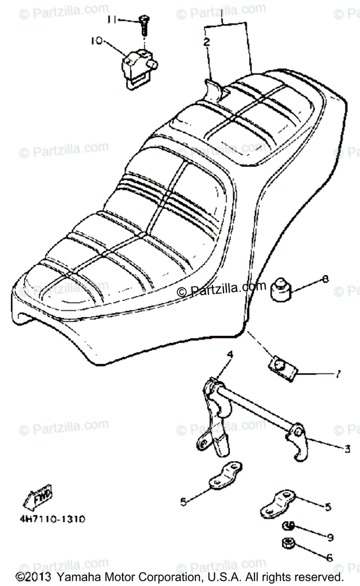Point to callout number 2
click(207, 42)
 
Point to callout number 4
click(216, 355)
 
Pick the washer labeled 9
click(289, 525)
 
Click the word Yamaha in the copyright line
click(77, 577)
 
